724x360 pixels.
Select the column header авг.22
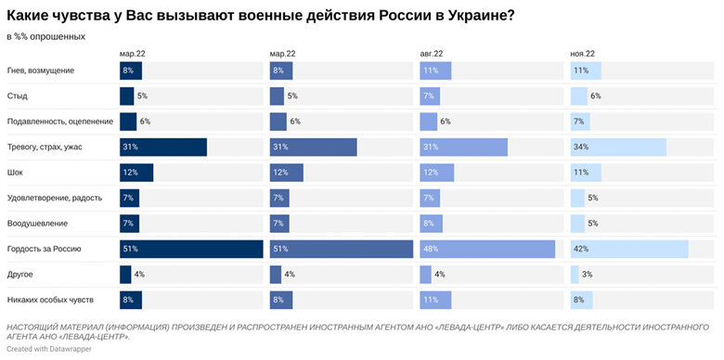tap(432, 54)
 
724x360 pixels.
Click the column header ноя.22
tap(582, 54)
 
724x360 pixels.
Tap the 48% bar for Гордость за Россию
tap(486, 249)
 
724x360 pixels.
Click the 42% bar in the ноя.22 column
tap(628, 249)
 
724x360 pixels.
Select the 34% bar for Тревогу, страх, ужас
tap(617, 147)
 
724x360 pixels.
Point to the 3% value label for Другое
tap(587, 275)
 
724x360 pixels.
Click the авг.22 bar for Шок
tap(436, 173)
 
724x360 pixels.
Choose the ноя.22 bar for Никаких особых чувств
tap(581, 300)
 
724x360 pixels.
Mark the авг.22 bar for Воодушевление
tap(431, 224)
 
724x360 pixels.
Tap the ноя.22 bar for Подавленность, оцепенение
tap(579, 122)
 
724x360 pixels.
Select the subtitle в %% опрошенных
tap(45, 36)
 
